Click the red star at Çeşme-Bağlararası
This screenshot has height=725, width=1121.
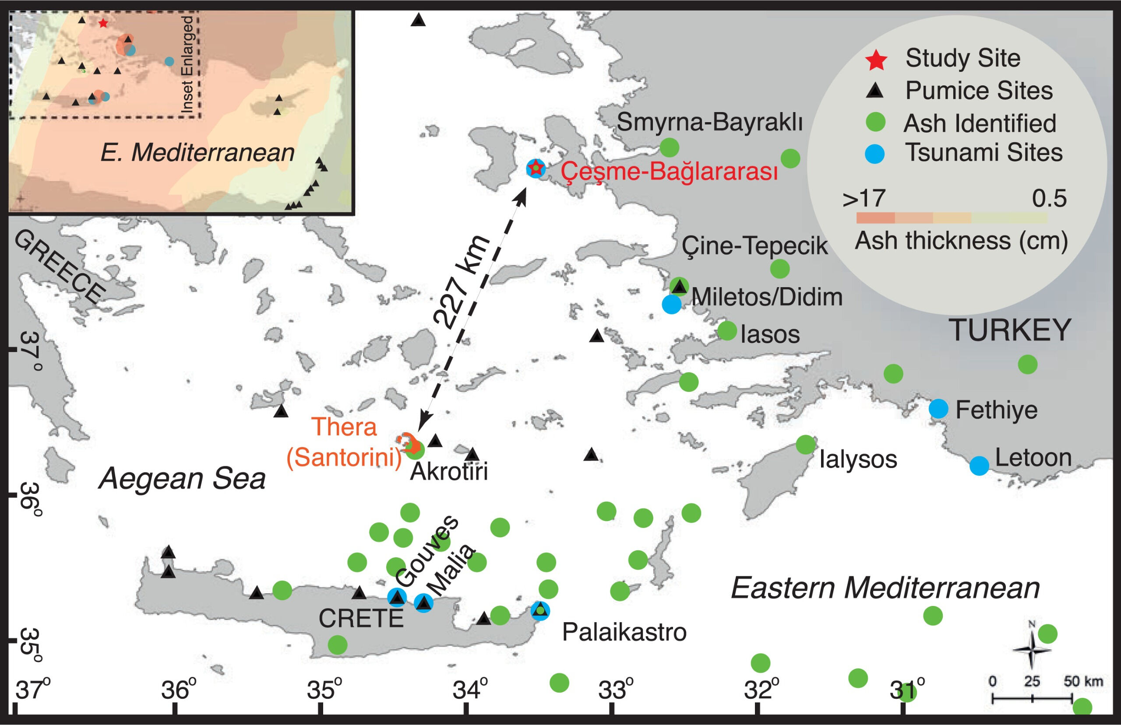click(x=535, y=168)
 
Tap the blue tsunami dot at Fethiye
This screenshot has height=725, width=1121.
click(x=938, y=408)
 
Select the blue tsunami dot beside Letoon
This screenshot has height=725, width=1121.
click(x=979, y=465)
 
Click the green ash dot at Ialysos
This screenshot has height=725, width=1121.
click(x=806, y=444)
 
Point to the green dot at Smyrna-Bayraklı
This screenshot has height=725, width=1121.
click(x=669, y=148)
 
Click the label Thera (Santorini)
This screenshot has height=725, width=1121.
click(x=345, y=443)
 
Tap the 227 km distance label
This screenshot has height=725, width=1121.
click(x=462, y=282)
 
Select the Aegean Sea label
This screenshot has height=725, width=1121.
click(x=182, y=479)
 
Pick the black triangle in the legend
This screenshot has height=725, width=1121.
click(x=875, y=90)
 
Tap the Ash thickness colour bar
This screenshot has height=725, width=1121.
click(x=952, y=218)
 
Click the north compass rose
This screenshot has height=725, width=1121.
click(x=1032, y=650)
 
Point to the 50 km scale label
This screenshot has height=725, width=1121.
click(x=1083, y=681)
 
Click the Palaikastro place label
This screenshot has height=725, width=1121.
click(x=624, y=632)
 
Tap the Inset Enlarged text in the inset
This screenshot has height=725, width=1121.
click(x=187, y=65)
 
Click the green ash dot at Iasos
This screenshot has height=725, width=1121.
click(x=727, y=331)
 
